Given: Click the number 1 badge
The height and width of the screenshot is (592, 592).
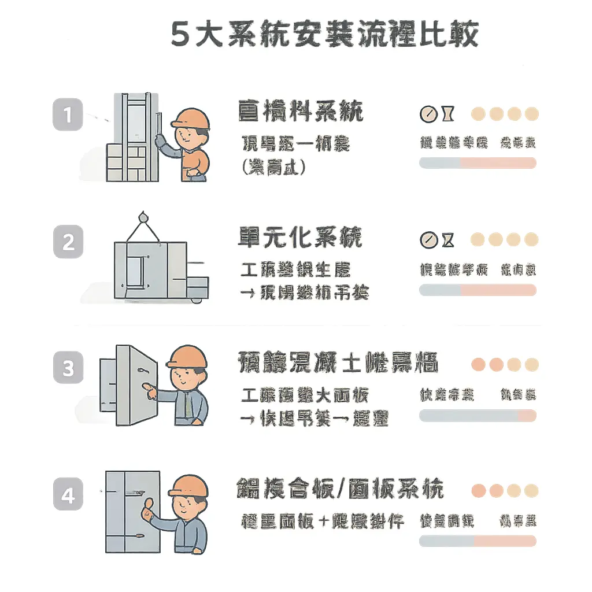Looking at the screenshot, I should [68, 114].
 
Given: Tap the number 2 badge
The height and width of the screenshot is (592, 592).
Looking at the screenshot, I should [68, 241].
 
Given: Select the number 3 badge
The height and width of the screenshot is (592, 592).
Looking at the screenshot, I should [68, 368].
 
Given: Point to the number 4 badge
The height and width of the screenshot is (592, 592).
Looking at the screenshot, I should [68, 495].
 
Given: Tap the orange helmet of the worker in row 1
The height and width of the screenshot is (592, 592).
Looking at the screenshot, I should [191, 119].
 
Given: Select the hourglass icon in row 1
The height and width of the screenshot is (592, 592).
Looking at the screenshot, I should [447, 114].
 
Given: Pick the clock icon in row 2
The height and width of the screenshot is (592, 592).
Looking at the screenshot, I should [428, 239].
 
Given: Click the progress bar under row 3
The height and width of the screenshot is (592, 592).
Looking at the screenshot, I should [478, 415].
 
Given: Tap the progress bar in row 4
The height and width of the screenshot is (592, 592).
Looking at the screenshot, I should [478, 541].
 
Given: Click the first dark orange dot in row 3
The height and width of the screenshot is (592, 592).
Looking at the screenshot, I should [478, 364].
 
